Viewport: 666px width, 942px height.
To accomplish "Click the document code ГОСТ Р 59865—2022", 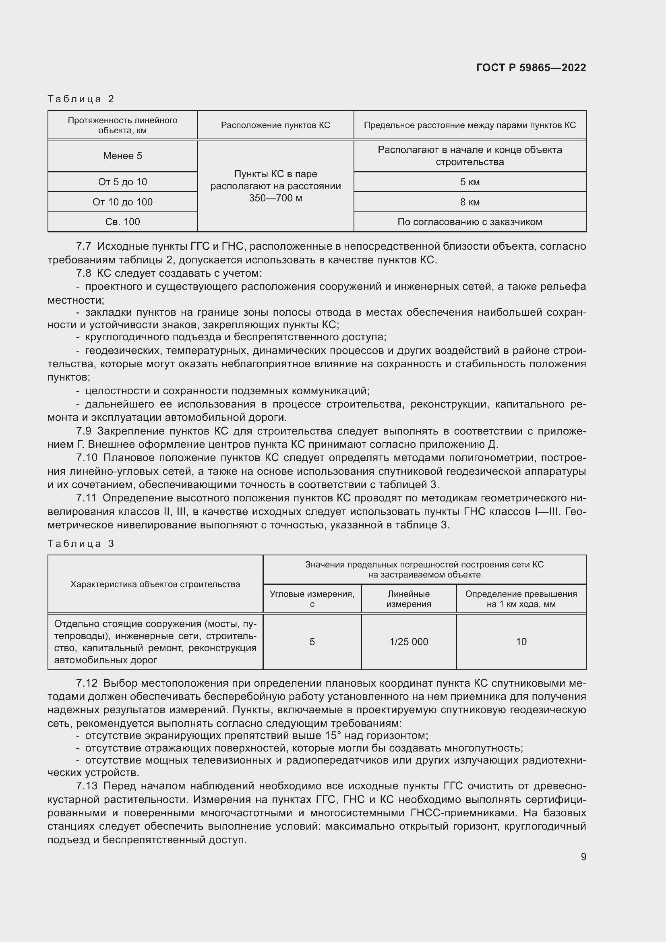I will click(531, 68).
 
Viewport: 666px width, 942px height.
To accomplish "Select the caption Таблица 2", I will click(81, 99).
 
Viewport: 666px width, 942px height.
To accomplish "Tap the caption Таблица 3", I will click(81, 544).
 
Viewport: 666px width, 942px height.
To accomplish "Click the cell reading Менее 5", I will click(122, 156).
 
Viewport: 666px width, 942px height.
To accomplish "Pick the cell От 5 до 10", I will click(122, 182).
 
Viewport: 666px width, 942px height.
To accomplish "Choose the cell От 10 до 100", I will click(122, 202).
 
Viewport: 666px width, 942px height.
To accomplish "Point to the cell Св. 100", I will click(122, 222).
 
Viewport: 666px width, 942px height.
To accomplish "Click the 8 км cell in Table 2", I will click(470, 202).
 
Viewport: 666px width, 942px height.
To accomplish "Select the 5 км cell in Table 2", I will click(470, 182).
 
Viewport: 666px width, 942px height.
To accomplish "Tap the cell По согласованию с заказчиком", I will click(470, 222).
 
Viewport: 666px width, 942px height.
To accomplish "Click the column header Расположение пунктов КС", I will click(275, 125).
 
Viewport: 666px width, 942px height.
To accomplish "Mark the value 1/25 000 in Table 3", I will click(408, 642).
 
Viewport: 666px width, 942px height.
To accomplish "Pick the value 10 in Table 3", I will click(521, 642).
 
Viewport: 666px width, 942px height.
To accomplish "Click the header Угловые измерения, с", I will click(312, 598).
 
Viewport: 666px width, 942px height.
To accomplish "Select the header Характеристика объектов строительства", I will click(155, 584).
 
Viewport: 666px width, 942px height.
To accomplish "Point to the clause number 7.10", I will click(87, 458).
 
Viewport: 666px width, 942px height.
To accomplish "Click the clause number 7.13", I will click(87, 786).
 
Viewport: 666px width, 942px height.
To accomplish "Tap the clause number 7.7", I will click(83, 246).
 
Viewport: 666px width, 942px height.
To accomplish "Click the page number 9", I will click(583, 857).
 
